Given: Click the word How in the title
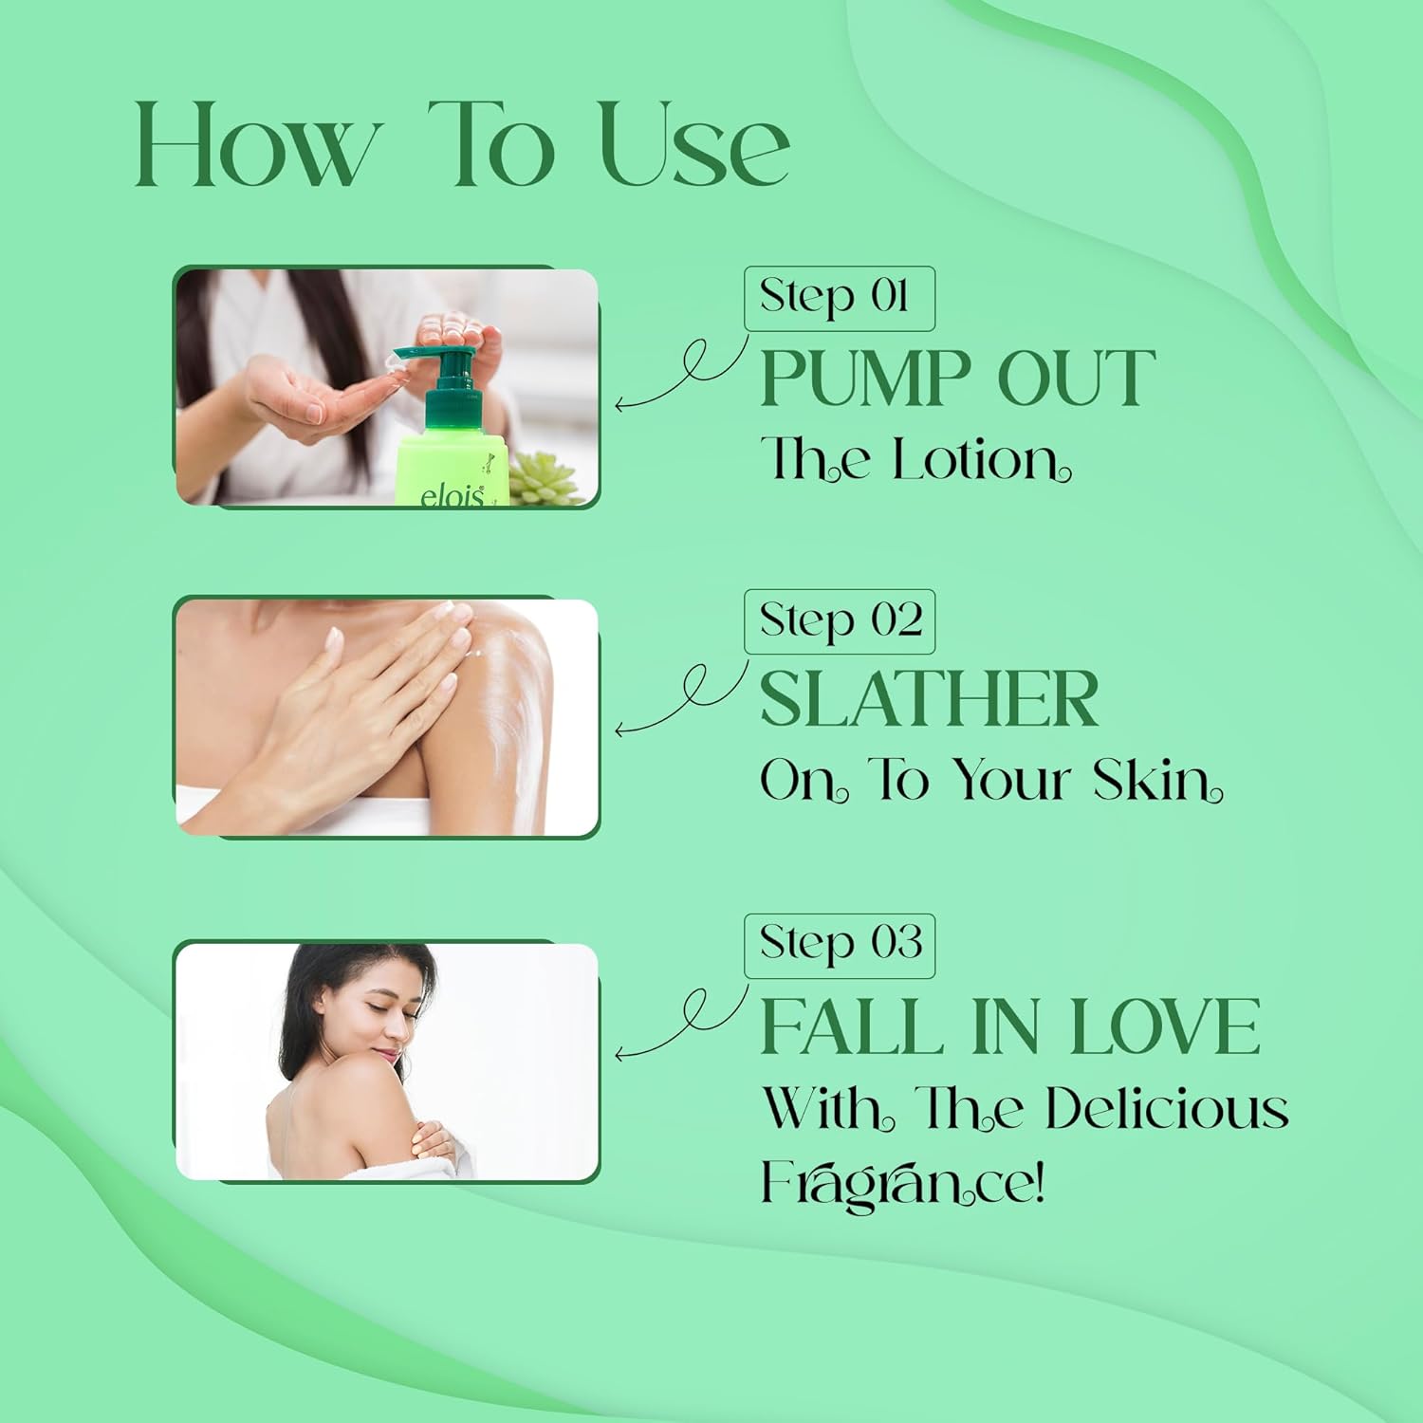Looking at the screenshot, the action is [x=255, y=144].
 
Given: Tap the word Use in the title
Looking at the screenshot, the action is [x=695, y=144].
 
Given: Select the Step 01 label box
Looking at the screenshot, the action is [x=840, y=299].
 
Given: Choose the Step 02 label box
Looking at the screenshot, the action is [x=840, y=621].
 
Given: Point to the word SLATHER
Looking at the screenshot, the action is [x=930, y=698].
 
